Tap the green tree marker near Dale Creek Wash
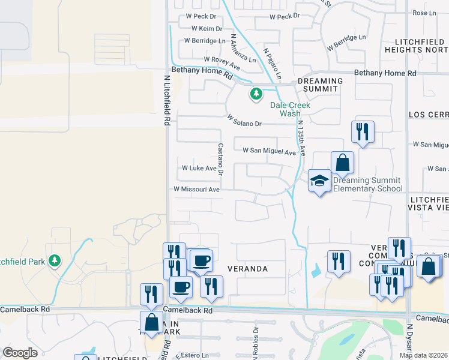tap(256, 94)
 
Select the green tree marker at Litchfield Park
tap(55, 260)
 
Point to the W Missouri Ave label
tap(196, 189)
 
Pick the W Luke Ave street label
tap(199, 168)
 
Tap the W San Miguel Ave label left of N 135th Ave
tap(269, 151)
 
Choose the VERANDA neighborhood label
tap(247, 269)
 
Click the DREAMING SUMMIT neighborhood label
tap(320, 85)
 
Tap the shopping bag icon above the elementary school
tap(342, 163)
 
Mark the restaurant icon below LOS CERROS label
tap(363, 132)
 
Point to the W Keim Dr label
tap(206, 28)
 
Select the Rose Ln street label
tap(424, 13)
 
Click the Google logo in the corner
tap(20, 353)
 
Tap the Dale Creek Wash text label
tap(291, 109)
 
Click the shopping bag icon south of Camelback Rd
tap(151, 323)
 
